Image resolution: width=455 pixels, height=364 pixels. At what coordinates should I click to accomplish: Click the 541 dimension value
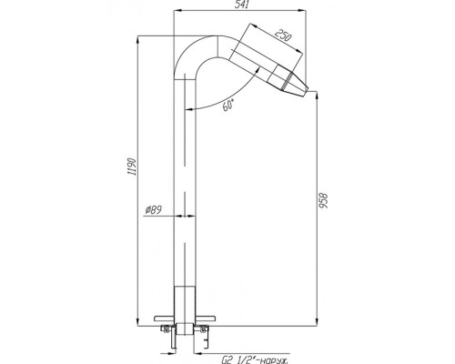point(241,5)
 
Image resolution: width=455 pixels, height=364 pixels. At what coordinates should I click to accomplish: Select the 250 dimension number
point(283,35)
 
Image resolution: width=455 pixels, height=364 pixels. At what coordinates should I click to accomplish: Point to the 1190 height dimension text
point(132,167)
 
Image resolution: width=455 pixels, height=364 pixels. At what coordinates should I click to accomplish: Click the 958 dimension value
point(324,200)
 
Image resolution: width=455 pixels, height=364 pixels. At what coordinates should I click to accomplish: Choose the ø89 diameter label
point(153,210)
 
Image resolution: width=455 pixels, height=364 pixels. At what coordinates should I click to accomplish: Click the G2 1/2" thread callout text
point(254,360)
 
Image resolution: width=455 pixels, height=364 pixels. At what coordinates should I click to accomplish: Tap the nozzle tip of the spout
point(307,91)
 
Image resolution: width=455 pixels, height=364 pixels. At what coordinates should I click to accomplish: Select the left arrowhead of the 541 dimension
point(177,11)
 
